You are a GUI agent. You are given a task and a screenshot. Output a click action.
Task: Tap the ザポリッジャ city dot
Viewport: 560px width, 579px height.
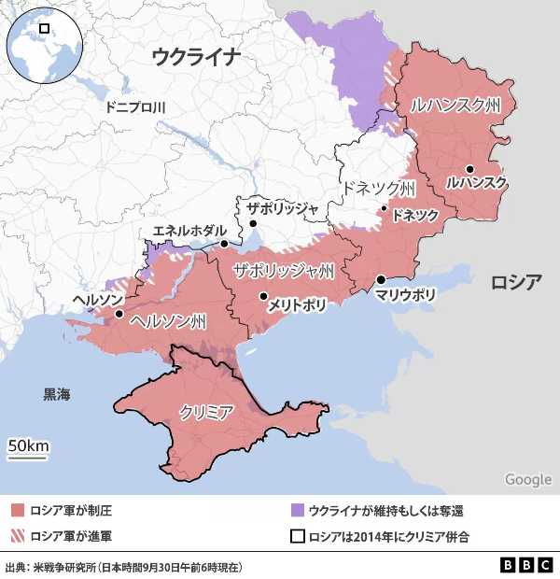point(252,224)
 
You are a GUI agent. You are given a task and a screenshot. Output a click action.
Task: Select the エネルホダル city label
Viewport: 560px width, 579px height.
point(182,231)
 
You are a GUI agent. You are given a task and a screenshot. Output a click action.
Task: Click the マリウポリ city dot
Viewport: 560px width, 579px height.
point(381,280)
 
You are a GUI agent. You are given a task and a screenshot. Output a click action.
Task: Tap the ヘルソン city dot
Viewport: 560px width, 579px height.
point(119,315)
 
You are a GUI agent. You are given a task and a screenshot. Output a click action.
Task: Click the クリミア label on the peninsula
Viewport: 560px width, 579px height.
point(206,411)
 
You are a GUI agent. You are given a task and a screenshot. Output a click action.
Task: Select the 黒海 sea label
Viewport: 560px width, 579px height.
point(56,395)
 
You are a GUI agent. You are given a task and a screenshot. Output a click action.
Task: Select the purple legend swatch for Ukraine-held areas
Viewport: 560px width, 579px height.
point(298,510)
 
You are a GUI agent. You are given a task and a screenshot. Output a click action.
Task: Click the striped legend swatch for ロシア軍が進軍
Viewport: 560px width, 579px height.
point(18,536)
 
